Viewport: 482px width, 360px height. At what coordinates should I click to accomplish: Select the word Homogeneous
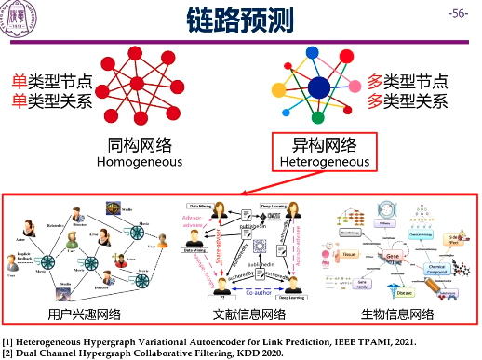(139, 161)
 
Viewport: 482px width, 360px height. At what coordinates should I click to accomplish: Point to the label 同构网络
(139, 144)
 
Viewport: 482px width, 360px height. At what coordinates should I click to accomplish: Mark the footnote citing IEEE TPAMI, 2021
(209, 340)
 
